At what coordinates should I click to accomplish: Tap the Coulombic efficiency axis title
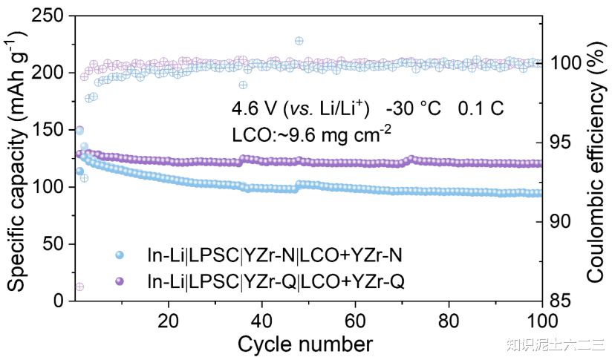(596, 157)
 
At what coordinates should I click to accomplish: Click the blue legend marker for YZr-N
(120, 255)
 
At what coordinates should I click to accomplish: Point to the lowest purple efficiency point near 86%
(79, 287)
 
